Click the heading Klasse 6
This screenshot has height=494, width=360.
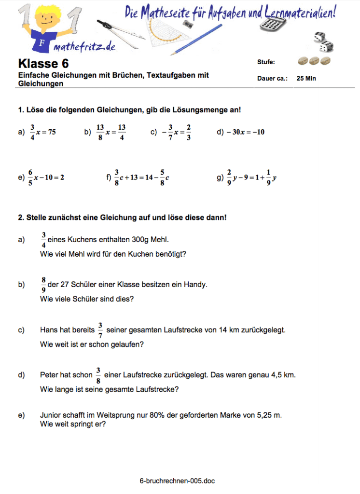click(43, 64)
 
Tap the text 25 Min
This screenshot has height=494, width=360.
click(306, 78)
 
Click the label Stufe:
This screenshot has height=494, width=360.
click(266, 62)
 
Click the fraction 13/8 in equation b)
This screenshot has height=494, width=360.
click(100, 132)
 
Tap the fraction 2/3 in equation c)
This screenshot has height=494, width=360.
click(189, 132)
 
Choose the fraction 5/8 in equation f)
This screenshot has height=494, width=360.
click(163, 177)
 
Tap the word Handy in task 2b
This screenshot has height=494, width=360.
click(197, 285)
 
